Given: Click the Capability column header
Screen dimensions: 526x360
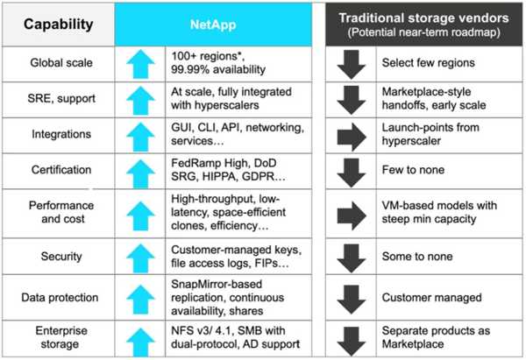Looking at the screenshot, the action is [x=59, y=25].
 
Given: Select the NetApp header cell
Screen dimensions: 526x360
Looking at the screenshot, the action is [x=213, y=25].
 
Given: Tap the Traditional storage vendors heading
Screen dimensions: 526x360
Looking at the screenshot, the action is [x=423, y=25].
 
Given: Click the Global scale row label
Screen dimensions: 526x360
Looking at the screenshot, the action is [x=61, y=63].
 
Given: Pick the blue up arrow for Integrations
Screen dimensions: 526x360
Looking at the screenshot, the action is [x=140, y=137].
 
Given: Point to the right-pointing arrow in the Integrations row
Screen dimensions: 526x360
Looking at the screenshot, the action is [x=352, y=137].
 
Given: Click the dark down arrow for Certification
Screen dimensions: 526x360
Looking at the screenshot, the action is [x=352, y=173].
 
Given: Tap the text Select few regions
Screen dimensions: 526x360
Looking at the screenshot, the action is [x=429, y=63].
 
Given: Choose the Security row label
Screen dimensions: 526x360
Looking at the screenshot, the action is [x=61, y=257].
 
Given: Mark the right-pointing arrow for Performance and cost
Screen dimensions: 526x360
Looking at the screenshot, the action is [x=352, y=215].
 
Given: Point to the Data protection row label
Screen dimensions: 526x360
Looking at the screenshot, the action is [x=60, y=297].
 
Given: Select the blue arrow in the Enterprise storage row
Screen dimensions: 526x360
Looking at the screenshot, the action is [x=140, y=342].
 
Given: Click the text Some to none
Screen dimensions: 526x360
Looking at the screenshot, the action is [x=417, y=257].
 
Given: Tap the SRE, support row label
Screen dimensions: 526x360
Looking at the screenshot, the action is [x=61, y=99].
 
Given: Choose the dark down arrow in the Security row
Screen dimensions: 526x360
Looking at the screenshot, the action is [x=352, y=258].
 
